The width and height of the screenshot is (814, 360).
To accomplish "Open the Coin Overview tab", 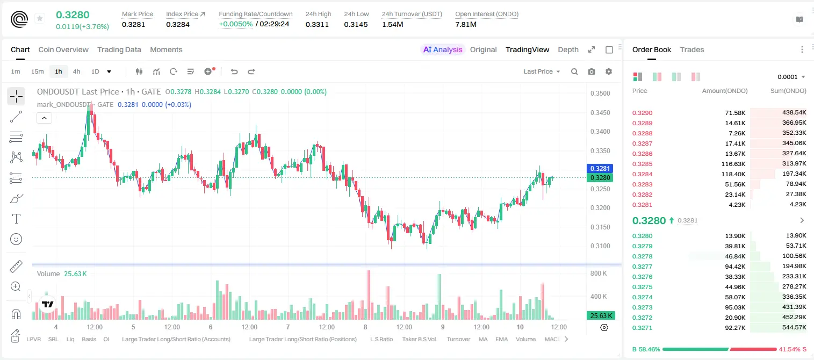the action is [x=63, y=49].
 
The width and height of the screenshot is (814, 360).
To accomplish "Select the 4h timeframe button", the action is [x=76, y=71].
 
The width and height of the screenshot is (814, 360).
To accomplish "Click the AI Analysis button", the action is [x=443, y=49].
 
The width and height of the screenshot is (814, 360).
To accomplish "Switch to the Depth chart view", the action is [x=568, y=49].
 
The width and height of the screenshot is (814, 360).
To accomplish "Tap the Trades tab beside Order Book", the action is [x=692, y=49].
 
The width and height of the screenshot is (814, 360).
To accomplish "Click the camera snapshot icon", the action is [x=592, y=71].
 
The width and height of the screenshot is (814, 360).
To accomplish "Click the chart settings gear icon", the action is [x=609, y=71].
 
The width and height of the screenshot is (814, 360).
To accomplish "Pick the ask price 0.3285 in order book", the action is [x=642, y=164].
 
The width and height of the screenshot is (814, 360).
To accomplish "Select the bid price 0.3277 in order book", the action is [x=642, y=267].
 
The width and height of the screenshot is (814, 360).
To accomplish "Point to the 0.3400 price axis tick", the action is [x=600, y=132].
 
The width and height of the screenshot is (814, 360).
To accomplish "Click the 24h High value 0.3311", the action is [x=317, y=24].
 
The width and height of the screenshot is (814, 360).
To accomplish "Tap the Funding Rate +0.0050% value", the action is [x=235, y=24].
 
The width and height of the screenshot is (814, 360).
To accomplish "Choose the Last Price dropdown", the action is [x=542, y=71].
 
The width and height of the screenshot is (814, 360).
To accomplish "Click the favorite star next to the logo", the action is [x=40, y=18].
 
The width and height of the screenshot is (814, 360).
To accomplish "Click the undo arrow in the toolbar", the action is [x=234, y=71].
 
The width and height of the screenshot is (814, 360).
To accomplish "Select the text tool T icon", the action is [x=16, y=219].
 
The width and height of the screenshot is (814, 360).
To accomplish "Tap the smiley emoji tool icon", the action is [x=16, y=239].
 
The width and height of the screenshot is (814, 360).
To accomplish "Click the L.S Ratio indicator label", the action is [x=381, y=339].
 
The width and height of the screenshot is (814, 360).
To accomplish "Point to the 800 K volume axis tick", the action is [x=599, y=273].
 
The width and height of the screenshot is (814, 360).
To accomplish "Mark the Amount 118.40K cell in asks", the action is [x=733, y=174].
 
